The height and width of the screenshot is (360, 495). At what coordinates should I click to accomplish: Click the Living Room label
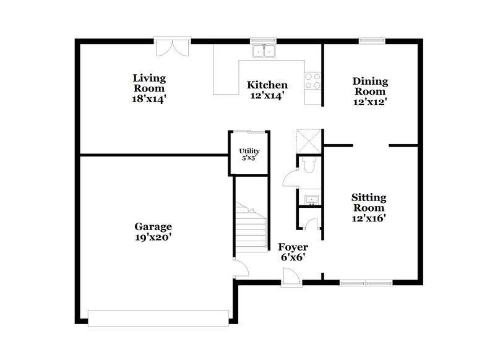tap(149, 83)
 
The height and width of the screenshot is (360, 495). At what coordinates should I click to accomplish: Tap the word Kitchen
tap(267, 85)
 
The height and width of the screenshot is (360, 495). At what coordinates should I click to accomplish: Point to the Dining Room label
tap(370, 87)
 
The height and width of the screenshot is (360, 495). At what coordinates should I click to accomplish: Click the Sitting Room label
tap(369, 202)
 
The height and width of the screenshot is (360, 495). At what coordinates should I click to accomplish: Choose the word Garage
tap(153, 226)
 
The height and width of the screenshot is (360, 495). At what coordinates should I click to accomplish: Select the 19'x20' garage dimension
tap(153, 236)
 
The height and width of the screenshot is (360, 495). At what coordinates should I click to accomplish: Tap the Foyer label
tap(293, 247)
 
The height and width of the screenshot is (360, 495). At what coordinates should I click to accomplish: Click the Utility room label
tap(249, 151)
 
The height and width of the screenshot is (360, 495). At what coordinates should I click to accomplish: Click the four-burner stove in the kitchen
tap(312, 81)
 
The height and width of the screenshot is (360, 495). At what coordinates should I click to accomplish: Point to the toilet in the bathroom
tap(309, 165)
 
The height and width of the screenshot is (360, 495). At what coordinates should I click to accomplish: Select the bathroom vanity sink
tap(311, 199)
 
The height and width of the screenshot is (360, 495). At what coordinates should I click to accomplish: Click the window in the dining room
tap(372, 41)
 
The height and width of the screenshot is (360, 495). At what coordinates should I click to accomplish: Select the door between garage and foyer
tap(240, 267)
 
